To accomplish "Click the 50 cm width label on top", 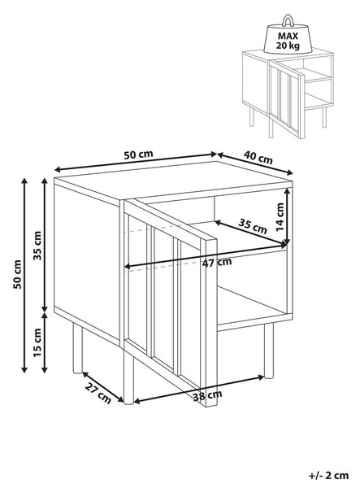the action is click(138, 155).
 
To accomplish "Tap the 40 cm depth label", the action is click(258, 157).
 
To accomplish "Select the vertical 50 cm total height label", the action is click(17, 274).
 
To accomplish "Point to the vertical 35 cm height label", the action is click(37, 246).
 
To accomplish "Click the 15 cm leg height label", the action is click(37, 342).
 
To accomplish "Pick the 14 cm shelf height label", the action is click(280, 216).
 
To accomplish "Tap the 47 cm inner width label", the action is click(217, 263).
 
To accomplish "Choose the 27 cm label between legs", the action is click(98, 394).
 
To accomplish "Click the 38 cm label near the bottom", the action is click(207, 395).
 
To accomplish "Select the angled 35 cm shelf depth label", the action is click(253, 226).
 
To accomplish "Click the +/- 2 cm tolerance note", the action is click(328, 476).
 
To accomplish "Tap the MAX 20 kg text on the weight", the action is click(288, 41).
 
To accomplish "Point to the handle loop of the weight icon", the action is click(288, 20).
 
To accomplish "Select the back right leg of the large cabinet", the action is click(269, 351).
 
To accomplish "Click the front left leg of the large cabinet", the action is click(128, 373).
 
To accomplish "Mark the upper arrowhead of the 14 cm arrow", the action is click(288, 192).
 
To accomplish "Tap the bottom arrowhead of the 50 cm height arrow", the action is click(24, 369).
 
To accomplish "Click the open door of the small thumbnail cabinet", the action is click(286, 98).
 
